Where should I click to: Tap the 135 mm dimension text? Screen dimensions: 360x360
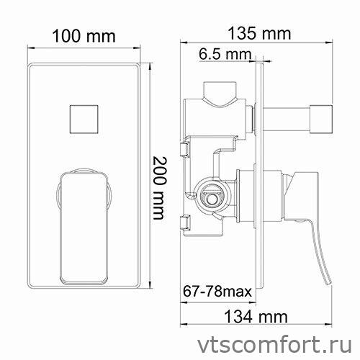(x=262, y=33)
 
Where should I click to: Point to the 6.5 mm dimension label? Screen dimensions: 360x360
(x=225, y=55)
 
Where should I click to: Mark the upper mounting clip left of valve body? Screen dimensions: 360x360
(x=184, y=147)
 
